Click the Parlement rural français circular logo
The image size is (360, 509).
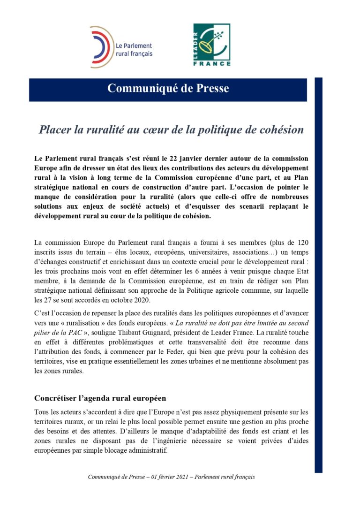pyautogui.click(x=101, y=47)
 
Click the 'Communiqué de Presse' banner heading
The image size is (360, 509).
pyautogui.click(x=168, y=88)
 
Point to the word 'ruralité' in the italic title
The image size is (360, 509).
pyautogui.click(x=96, y=129)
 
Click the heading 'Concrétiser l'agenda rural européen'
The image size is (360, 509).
pyautogui.click(x=100, y=398)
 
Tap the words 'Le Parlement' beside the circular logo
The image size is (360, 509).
pyautogui.click(x=134, y=46)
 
